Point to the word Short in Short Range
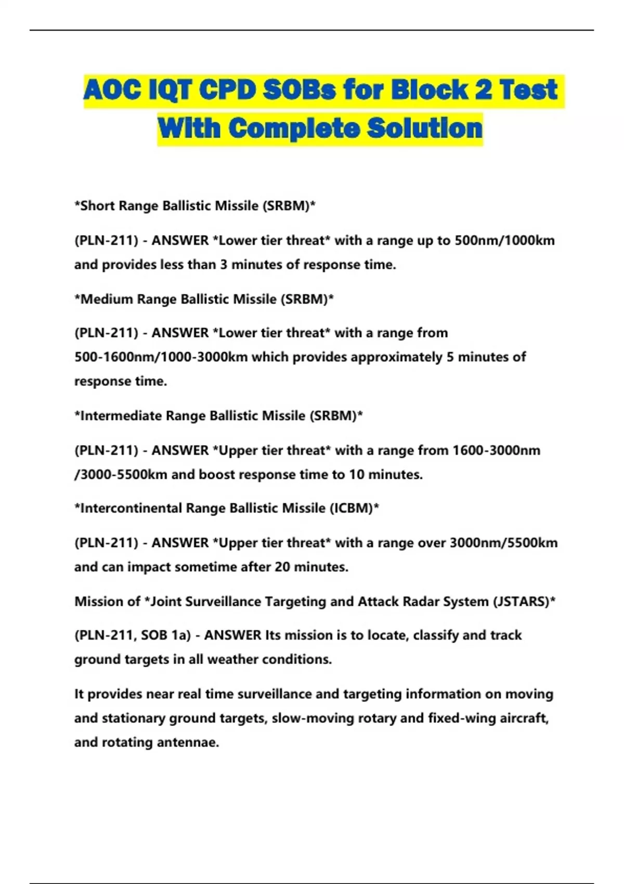[98, 206]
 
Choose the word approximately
[396, 357]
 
